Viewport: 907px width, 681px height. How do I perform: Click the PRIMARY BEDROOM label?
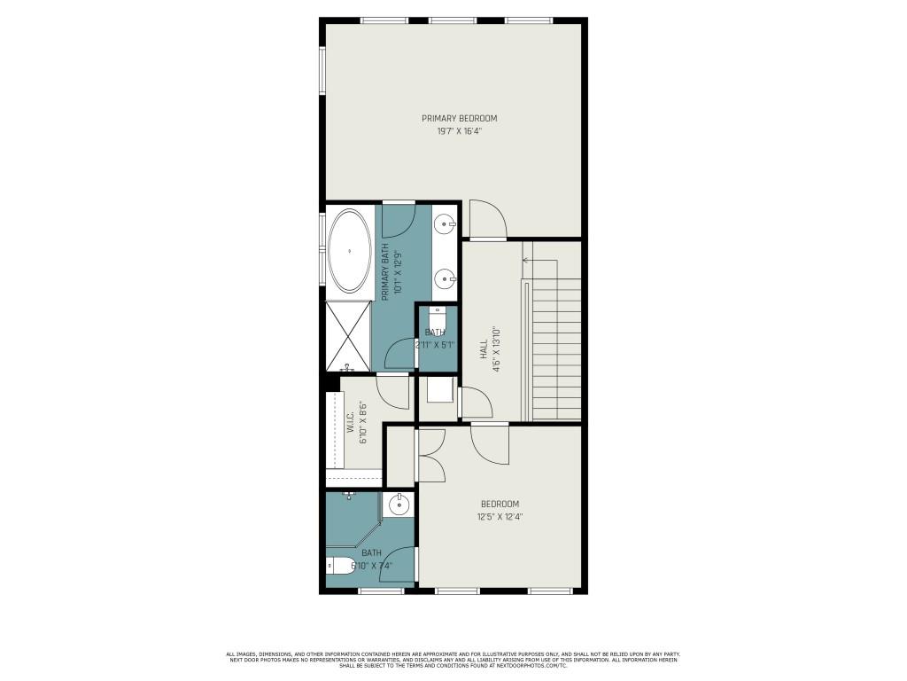coord(459,118)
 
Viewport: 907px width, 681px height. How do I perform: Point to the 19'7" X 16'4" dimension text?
coord(459,130)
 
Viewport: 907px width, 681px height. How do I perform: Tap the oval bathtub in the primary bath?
coord(350,251)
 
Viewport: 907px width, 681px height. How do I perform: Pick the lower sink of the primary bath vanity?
coord(445,279)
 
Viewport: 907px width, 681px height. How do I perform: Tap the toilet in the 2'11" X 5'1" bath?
coord(436,316)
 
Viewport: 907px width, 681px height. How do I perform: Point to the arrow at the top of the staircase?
coord(526,261)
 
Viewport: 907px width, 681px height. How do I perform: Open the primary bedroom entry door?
coord(486,221)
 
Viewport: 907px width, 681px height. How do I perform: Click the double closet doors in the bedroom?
coord(432,455)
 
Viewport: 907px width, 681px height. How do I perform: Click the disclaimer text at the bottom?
coord(453,659)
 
